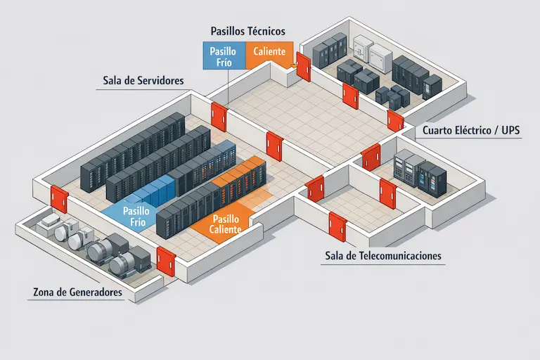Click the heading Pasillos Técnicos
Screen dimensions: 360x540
[x=247, y=32]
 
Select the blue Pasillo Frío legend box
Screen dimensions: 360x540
[x=224, y=56]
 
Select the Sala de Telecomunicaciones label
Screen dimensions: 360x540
[x=384, y=256]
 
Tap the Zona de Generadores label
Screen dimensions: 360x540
[x=77, y=292]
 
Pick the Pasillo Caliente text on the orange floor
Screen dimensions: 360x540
[x=226, y=224]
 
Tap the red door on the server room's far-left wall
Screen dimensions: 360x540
[x=60, y=199]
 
